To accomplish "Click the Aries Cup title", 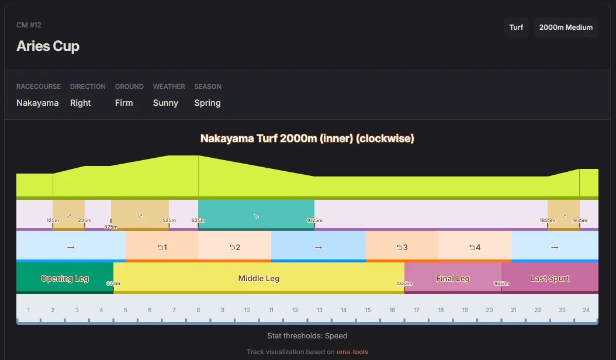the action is tap(48, 46).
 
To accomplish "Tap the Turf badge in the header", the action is tap(516, 27).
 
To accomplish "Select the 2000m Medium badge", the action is tap(566, 27).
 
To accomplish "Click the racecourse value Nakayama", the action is tap(37, 103).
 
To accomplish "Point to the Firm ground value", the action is tap(124, 103).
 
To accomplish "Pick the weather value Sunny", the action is tap(165, 103).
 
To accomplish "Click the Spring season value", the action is tap(207, 103).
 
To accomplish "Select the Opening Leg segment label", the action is tap(65, 279).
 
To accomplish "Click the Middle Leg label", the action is tap(259, 279).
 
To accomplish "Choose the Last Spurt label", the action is tap(549, 279).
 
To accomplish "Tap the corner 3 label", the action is tap(402, 248).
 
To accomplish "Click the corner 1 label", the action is tap(162, 248).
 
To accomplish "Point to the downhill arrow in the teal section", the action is tap(256, 217).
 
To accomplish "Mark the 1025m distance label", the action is tap(314, 220).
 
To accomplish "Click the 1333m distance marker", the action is tap(404, 284).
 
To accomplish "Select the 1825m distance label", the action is tap(547, 220).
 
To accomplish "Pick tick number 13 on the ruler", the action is tap(319, 310).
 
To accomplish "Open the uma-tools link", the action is tap(352, 352).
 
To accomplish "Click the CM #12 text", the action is tap(29, 25).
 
